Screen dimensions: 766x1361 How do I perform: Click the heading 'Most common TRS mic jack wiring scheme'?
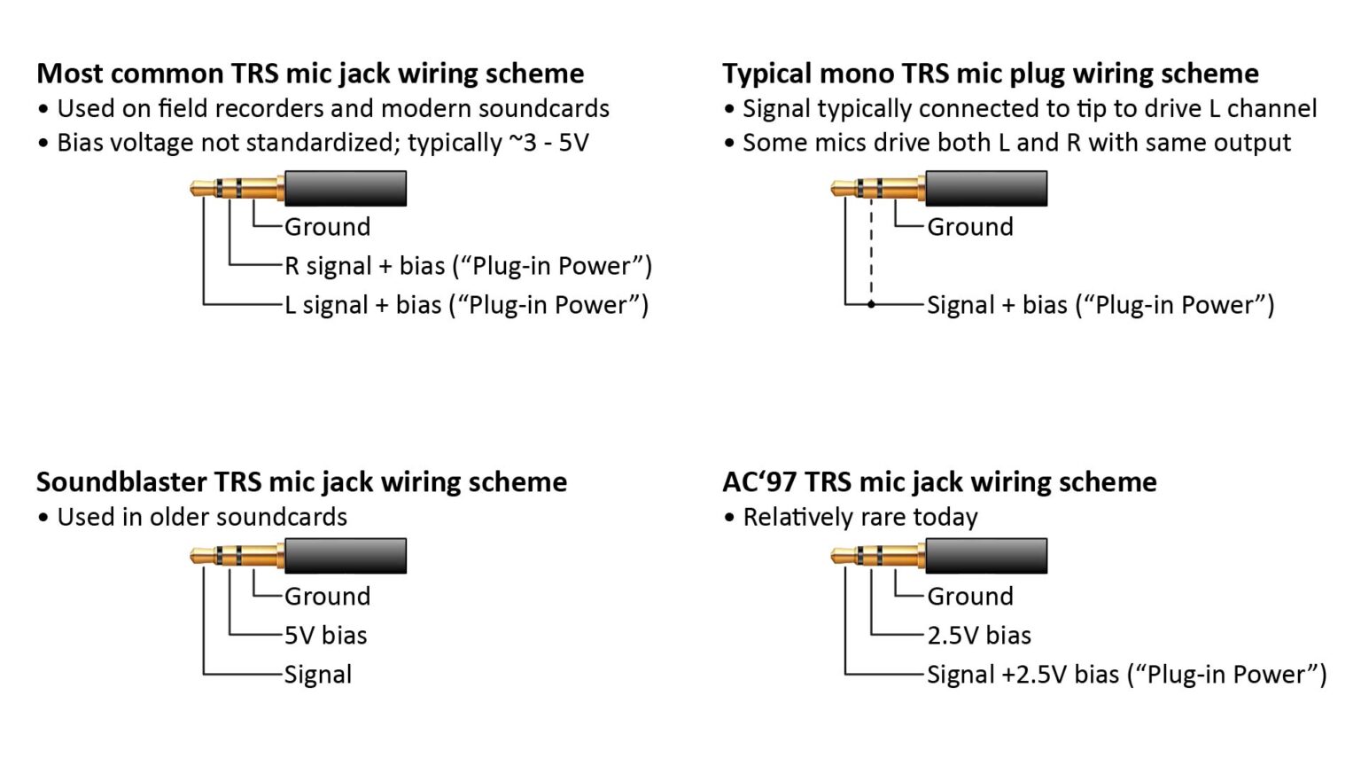click(310, 74)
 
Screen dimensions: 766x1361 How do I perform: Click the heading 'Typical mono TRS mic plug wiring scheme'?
click(990, 74)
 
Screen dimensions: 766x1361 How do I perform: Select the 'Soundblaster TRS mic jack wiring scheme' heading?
click(301, 482)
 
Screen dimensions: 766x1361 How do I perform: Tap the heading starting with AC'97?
click(939, 482)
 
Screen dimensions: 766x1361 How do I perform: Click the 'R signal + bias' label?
click(467, 266)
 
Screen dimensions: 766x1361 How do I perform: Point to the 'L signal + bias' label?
click(465, 305)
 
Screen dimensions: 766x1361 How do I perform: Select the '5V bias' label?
click(325, 636)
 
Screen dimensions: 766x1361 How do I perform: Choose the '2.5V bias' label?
click(979, 636)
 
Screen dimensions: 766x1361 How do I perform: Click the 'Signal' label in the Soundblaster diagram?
click(317, 675)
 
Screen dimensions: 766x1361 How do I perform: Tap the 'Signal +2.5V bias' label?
click(1126, 675)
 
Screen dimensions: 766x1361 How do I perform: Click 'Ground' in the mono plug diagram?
click(969, 227)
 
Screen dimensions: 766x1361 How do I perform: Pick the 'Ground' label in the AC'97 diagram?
click(969, 597)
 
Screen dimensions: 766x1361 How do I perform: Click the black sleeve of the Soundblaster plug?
click(346, 556)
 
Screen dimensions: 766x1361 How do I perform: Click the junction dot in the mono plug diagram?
click(871, 304)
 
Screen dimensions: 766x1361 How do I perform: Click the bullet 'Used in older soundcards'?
click(201, 518)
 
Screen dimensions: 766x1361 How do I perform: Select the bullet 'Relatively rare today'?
click(859, 518)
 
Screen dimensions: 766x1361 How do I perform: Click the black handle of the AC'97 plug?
click(986, 556)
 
